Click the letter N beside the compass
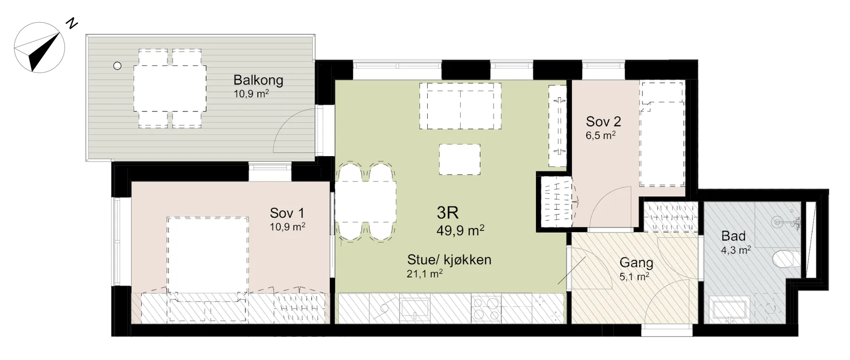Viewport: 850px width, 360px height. click(71, 23)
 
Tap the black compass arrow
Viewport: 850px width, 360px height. click(45, 53)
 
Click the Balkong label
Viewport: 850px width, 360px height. click(258, 80)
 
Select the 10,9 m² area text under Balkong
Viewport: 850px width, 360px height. click(251, 93)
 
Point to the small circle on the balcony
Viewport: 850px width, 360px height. click(117, 66)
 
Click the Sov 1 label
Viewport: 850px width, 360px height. click(287, 213)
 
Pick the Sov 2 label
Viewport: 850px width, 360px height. click(603, 122)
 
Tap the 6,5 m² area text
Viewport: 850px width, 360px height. click(600, 135)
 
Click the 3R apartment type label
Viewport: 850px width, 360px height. click(448, 213)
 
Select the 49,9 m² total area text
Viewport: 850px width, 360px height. click(460, 230)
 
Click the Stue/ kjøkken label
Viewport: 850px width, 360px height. click(449, 260)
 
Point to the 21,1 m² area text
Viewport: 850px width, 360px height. click(424, 273)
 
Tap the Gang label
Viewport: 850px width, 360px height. click(636, 262)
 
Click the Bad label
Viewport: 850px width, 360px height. click(734, 236)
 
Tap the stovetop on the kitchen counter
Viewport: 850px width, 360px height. click(486, 308)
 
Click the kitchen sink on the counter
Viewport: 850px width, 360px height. click(415, 308)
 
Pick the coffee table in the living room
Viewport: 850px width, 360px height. click(460, 159)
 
